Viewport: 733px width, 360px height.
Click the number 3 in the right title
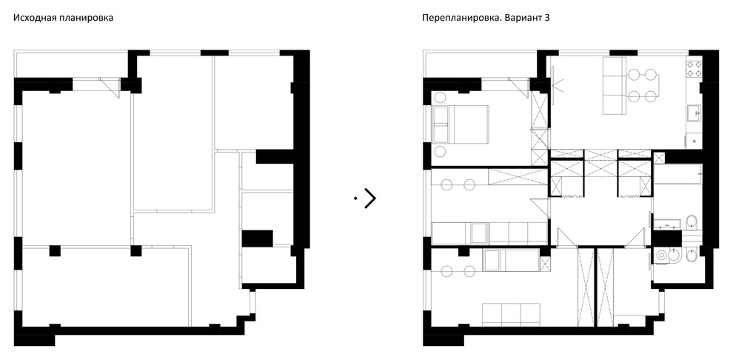click(x=552, y=16)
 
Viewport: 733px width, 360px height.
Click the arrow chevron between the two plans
click(x=369, y=198)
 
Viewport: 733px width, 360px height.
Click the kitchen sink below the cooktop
click(x=693, y=113)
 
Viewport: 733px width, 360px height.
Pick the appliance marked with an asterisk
click(x=693, y=139)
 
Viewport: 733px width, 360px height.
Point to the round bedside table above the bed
click(x=439, y=97)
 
